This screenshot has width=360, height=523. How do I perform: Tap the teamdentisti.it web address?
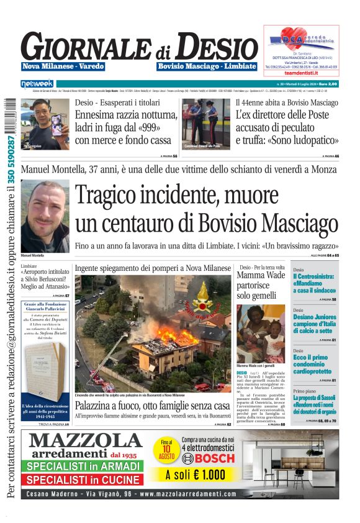301,73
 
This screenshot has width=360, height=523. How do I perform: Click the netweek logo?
37,83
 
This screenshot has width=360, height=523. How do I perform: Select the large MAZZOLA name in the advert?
86,441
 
